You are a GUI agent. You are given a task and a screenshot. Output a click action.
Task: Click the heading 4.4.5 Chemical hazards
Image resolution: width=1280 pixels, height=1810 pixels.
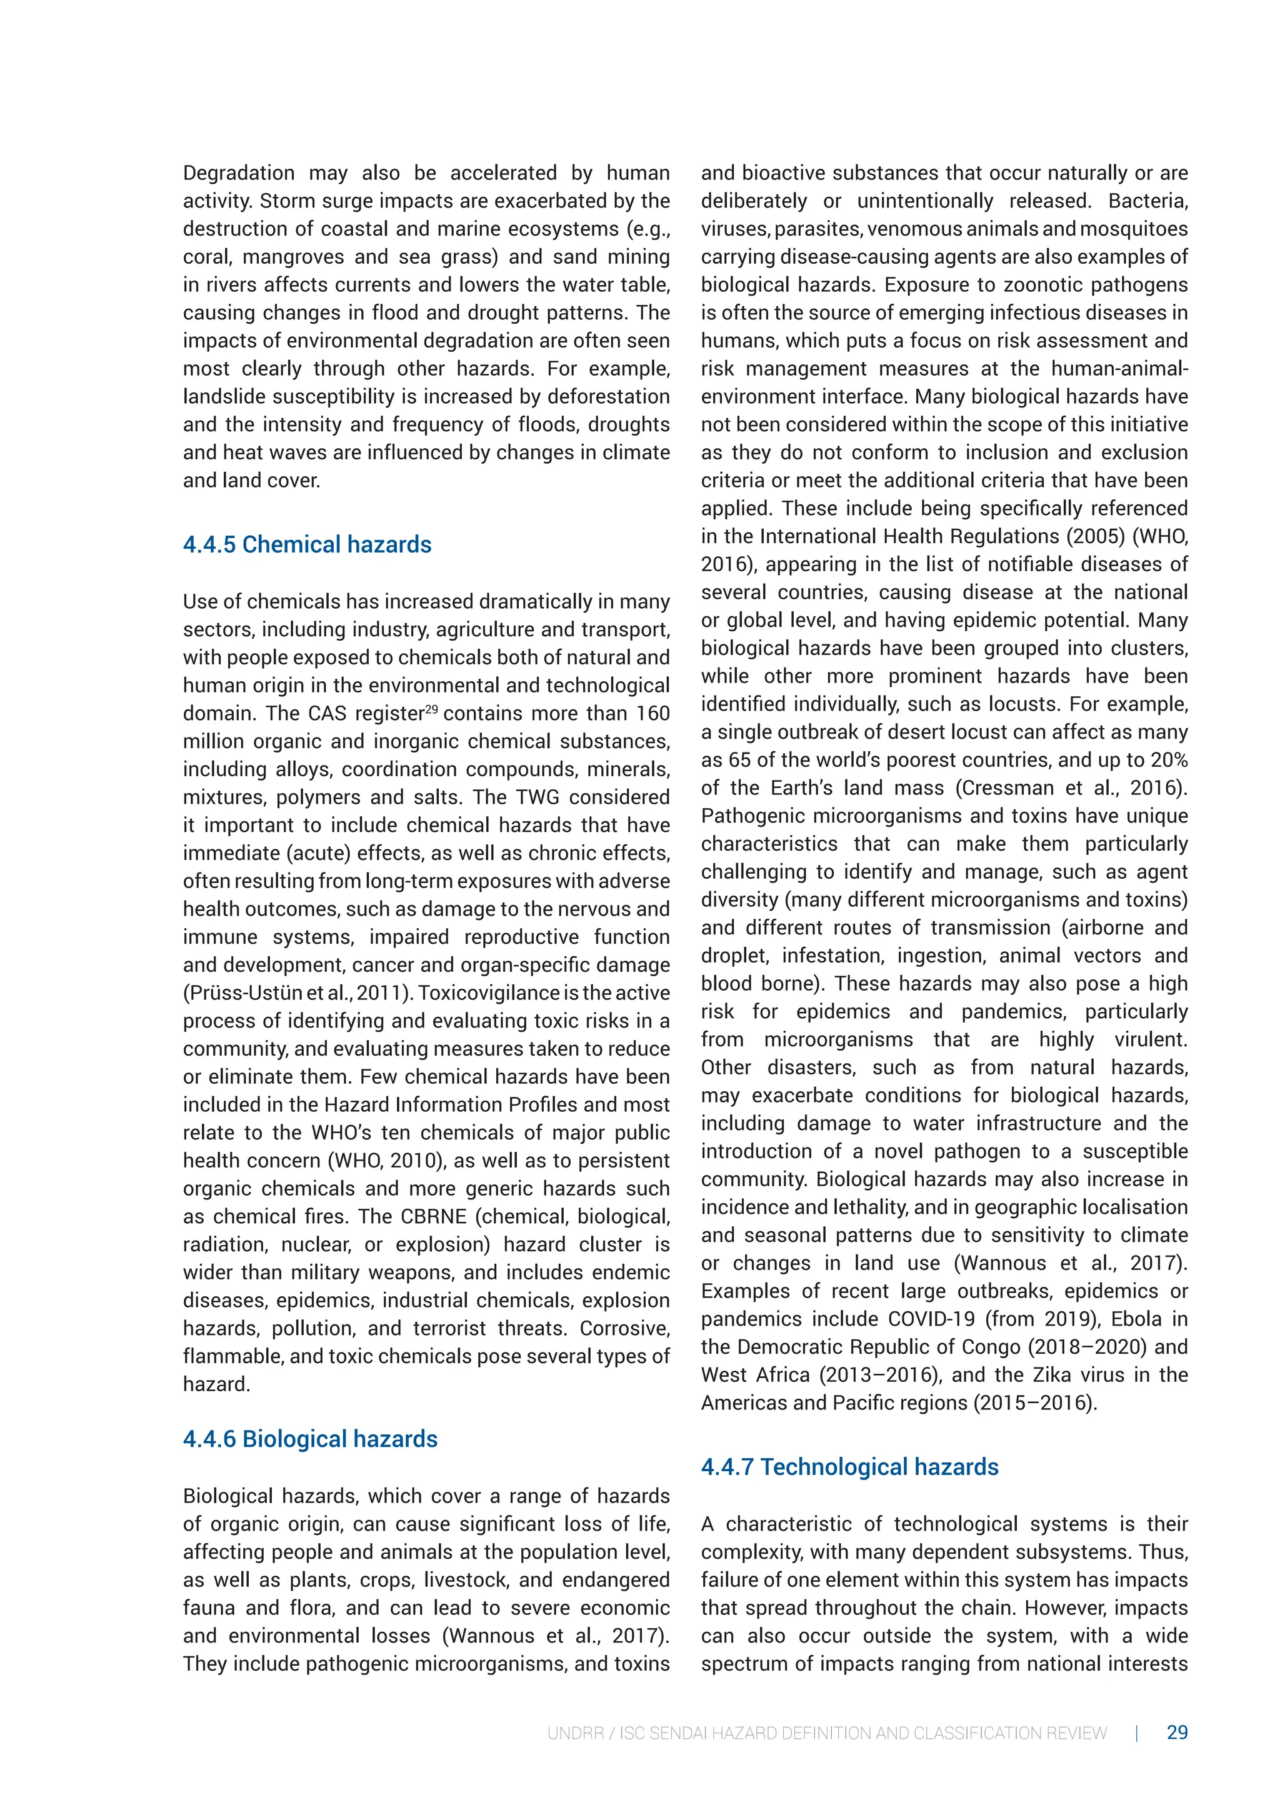[307, 545]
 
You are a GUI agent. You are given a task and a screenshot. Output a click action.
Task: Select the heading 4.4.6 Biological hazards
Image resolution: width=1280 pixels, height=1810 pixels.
[310, 1439]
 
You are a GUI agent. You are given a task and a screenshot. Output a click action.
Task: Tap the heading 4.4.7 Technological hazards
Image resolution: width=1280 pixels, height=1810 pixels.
[849, 1467]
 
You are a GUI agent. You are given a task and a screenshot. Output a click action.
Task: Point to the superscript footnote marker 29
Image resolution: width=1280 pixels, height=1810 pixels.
[431, 709]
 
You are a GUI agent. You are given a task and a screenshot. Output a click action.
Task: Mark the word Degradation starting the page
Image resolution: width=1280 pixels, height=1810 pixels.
[238, 173]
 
